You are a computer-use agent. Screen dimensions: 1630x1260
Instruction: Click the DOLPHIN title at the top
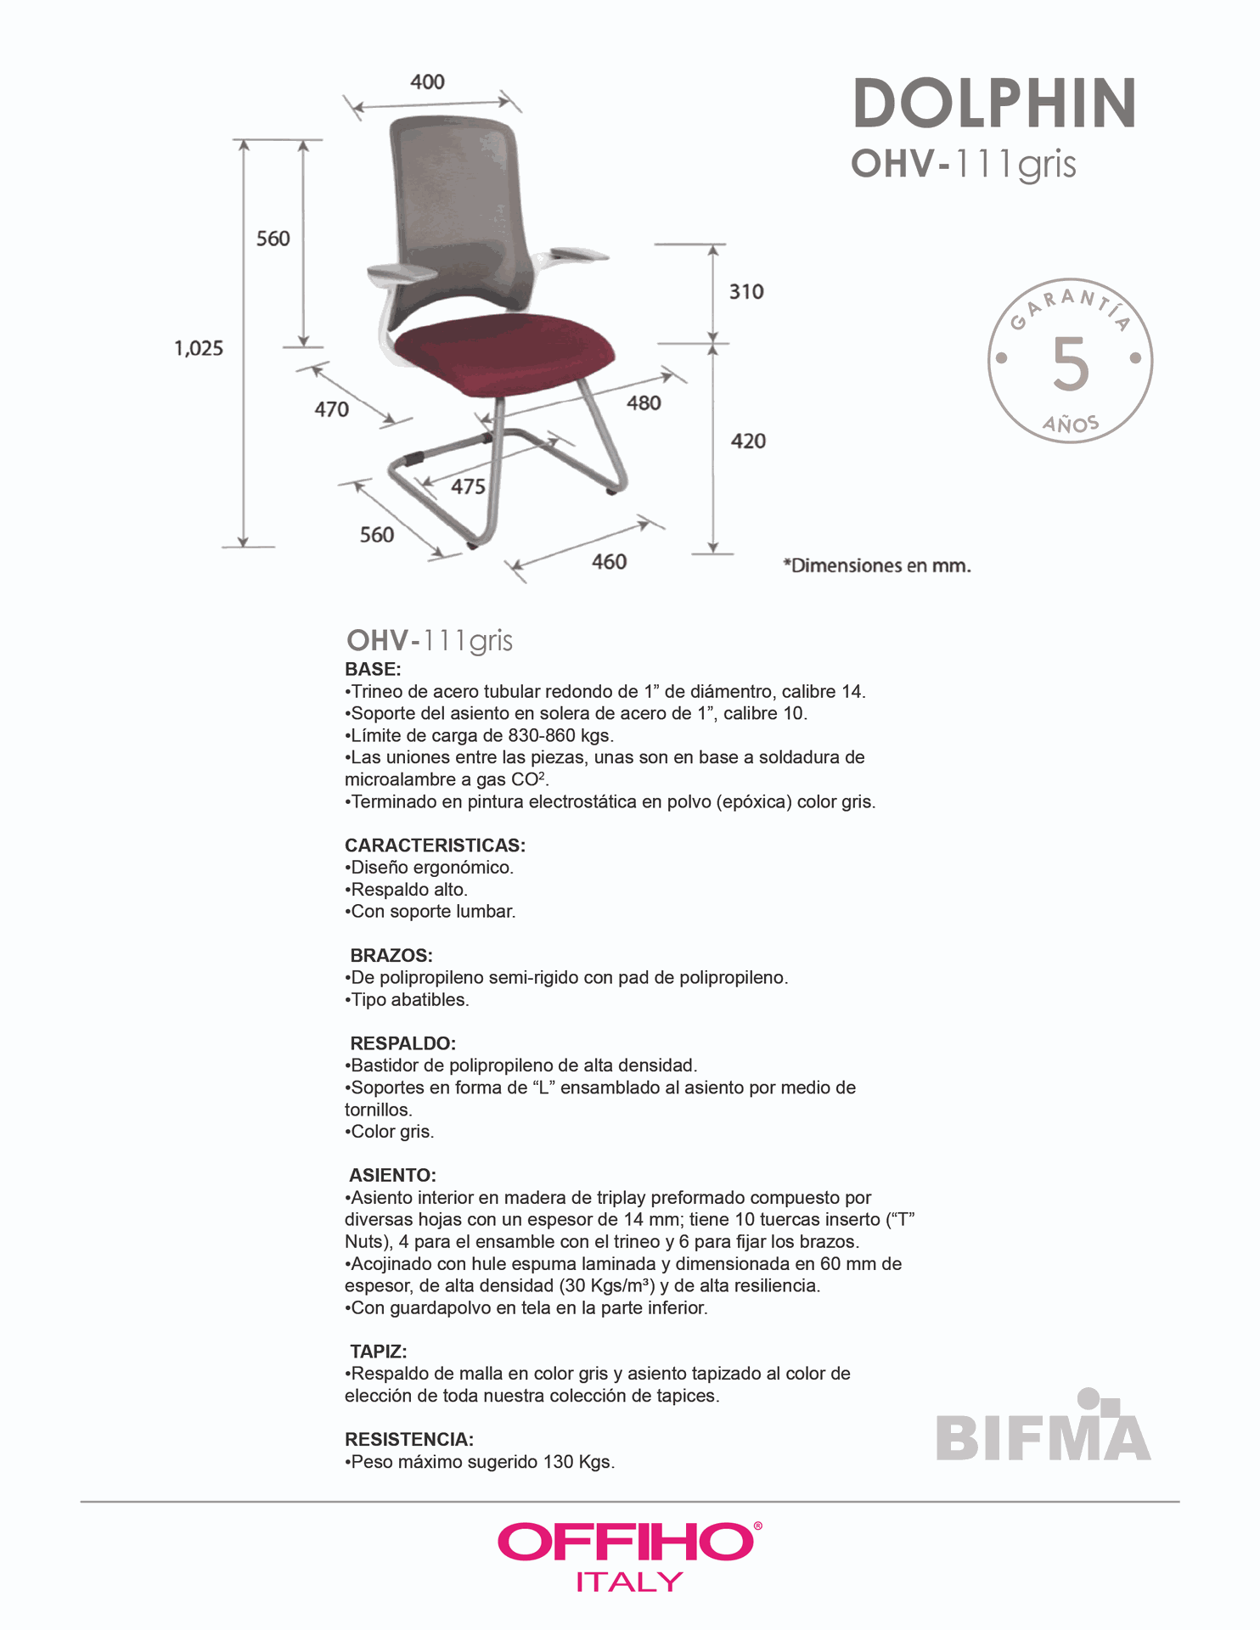[993, 104]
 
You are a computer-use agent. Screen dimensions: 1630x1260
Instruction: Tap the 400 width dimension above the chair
[427, 82]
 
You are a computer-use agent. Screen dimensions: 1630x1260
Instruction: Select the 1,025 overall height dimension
[199, 348]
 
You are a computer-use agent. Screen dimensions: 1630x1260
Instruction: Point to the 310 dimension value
[746, 292]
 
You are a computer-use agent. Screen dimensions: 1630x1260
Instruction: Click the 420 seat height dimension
[748, 441]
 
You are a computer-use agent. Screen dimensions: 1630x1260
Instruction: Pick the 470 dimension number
[331, 410]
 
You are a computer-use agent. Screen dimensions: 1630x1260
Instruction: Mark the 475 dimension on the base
[468, 487]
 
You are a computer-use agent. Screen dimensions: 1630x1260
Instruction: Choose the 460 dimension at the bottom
[609, 562]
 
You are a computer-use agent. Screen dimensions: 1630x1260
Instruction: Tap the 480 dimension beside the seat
[644, 403]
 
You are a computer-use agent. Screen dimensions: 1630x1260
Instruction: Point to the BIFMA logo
[1043, 1430]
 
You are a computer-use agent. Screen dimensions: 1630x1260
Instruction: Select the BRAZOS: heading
[391, 956]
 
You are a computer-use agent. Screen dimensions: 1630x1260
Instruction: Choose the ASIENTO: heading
[392, 1176]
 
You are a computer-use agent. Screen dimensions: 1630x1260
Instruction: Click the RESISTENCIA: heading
[409, 1440]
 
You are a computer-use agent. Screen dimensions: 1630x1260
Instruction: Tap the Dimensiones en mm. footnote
[877, 566]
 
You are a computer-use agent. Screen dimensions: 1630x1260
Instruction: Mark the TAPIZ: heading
[379, 1352]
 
